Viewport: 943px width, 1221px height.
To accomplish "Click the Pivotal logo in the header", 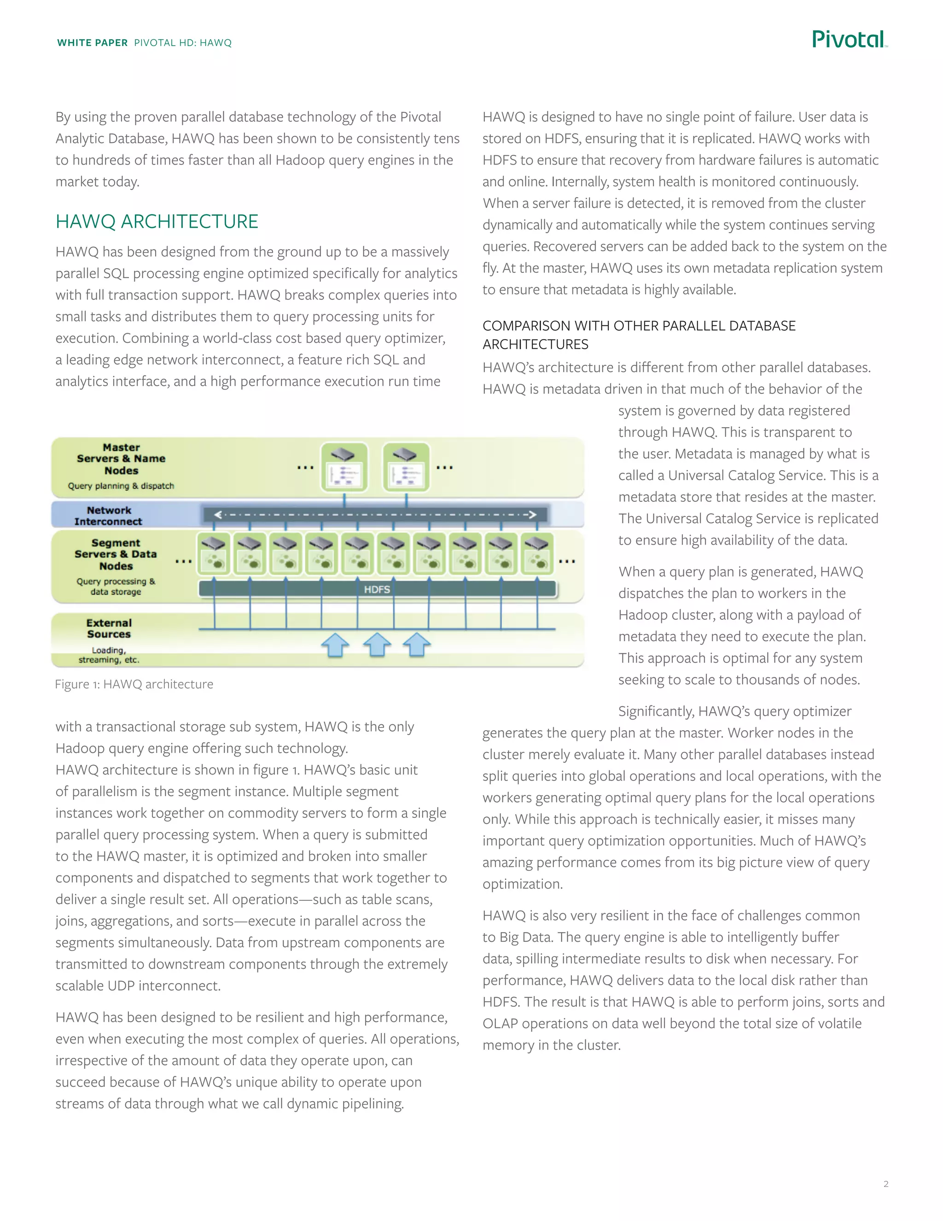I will coord(849,39).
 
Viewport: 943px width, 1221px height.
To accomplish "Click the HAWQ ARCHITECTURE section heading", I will coord(157,221).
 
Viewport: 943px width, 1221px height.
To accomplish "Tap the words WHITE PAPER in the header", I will coord(92,43).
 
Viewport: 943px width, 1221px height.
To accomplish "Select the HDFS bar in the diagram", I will coord(377,589).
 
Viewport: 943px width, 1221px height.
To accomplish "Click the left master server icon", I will coord(344,467).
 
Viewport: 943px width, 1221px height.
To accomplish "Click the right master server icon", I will coord(406,467).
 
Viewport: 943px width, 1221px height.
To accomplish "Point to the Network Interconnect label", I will coord(108,516).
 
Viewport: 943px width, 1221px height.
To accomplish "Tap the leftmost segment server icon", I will coord(213,553).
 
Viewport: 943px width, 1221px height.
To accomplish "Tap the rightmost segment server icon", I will coord(537,553).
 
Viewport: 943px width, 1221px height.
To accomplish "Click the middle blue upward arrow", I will coord(377,645).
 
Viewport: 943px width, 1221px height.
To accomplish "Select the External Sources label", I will coord(109,628).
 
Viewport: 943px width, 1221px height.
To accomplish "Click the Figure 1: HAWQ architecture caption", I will coord(134,684).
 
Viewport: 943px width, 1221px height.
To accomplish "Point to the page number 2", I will coord(885,1184).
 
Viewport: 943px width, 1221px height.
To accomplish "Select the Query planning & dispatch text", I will coord(121,486).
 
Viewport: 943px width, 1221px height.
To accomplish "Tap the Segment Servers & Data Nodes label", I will coord(116,554).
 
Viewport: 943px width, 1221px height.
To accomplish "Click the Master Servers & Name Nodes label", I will coord(121,458).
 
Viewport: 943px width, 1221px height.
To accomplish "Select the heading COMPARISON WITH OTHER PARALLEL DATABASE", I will coord(639,325).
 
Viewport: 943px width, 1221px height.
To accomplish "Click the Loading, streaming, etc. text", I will coord(109,655).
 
